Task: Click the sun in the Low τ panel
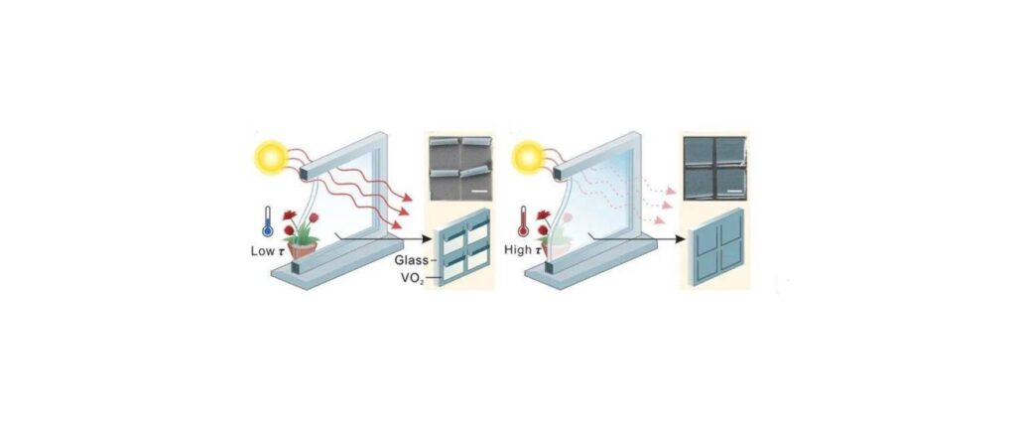tap(271, 157)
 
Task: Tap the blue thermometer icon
tap(267, 221)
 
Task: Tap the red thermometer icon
tap(523, 221)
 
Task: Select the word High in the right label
tap(517, 250)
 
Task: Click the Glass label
tap(411, 260)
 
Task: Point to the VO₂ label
tap(414, 278)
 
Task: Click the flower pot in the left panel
tap(302, 249)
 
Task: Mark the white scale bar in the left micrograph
tap(480, 192)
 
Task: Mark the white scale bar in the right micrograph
tap(735, 192)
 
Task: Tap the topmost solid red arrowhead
tap(408, 198)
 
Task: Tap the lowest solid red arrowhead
tap(399, 224)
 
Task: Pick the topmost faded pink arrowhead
tap(669, 191)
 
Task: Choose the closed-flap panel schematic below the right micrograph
tap(717, 247)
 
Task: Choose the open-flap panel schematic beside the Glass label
tap(463, 247)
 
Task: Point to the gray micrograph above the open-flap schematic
tap(460, 169)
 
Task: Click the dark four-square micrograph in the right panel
tap(714, 169)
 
